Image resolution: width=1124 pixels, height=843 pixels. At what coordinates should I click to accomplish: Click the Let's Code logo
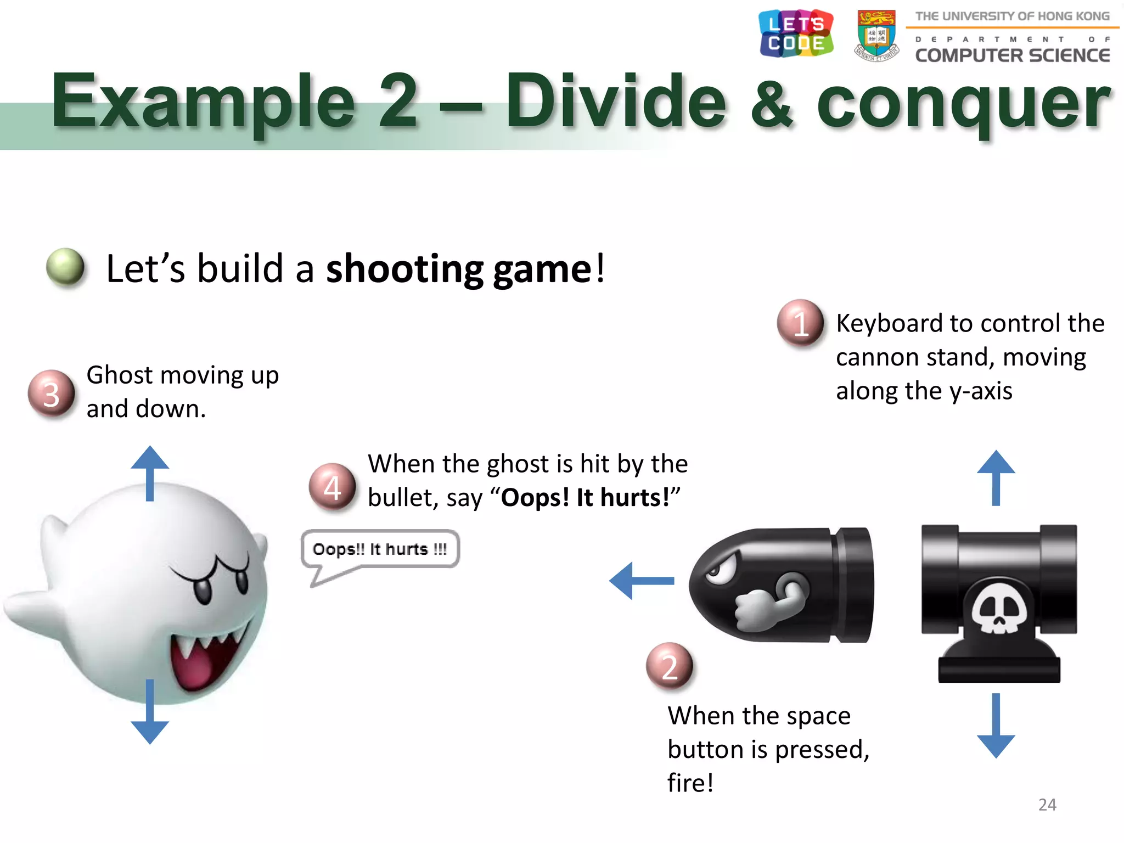(796, 33)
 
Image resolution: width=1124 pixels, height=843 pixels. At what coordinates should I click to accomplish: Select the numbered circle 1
(800, 323)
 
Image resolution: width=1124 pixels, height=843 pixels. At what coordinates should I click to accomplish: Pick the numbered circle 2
(670, 666)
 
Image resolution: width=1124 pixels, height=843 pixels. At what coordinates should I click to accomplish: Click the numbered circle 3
(51, 394)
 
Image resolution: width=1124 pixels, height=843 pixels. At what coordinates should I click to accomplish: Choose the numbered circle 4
(332, 486)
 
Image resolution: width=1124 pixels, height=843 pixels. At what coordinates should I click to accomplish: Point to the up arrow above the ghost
(150, 473)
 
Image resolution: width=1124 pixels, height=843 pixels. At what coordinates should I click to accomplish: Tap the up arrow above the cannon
(996, 477)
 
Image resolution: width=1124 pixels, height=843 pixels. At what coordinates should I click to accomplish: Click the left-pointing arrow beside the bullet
(642, 581)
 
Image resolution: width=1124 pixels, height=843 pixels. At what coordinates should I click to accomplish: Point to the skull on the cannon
(999, 607)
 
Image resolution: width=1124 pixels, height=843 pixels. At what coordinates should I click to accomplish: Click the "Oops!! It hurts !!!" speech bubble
(380, 549)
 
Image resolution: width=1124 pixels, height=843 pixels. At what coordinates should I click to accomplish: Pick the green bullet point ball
(65, 267)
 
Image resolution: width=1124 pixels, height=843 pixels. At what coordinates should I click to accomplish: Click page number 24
(1047, 805)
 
